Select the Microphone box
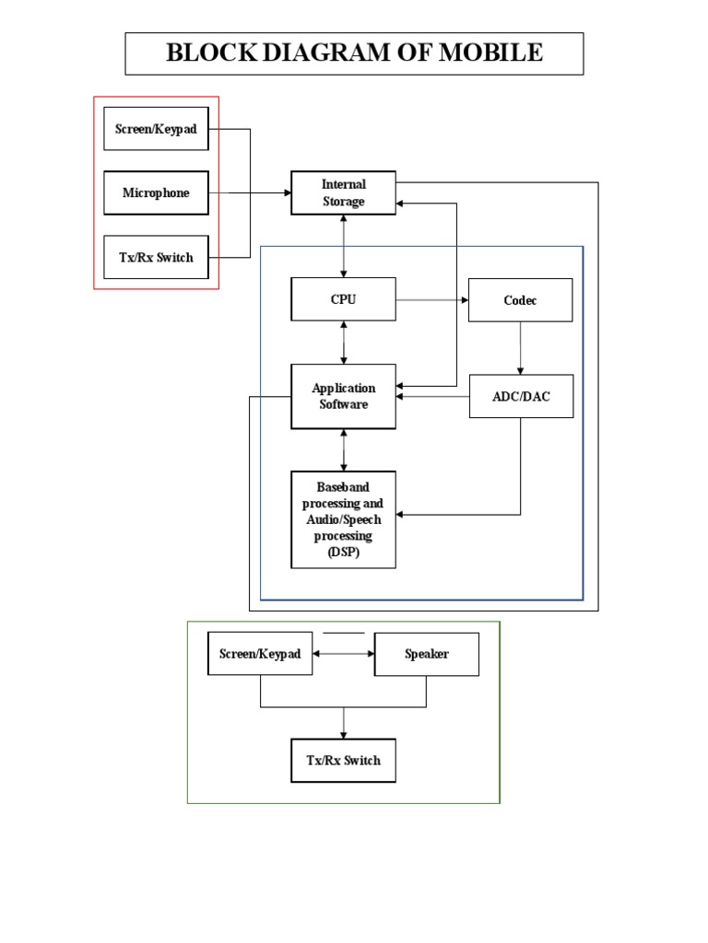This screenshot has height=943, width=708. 156,192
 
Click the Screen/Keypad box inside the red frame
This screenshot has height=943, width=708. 156,129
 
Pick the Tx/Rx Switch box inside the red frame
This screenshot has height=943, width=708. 156,257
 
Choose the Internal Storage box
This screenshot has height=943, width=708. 343,192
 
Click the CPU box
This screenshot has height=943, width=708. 343,299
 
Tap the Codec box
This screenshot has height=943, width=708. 520,300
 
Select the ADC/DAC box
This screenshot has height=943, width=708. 521,396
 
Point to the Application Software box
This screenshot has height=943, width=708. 343,396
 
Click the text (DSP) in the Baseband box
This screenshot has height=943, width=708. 343,553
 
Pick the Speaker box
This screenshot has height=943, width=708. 426,654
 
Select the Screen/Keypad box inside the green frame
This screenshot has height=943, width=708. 260,654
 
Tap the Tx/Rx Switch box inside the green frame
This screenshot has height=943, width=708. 343,761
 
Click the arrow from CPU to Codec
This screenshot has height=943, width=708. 432,300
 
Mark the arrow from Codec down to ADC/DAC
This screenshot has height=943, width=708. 521,348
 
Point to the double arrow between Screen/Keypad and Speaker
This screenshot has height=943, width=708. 343,654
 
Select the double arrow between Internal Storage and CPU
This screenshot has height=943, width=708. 344,246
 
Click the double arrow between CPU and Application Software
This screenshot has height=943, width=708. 344,342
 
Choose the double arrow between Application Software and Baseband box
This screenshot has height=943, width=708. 344,449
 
